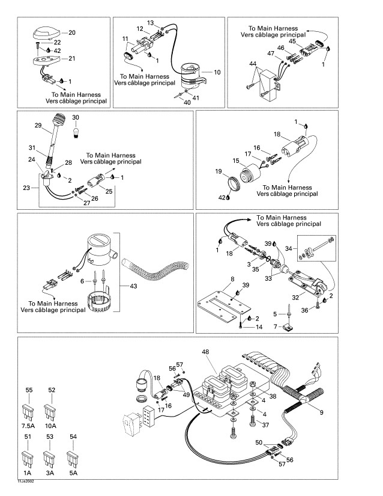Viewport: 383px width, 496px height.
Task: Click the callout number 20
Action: click(x=73, y=32)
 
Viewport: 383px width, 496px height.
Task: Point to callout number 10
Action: click(x=217, y=72)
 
